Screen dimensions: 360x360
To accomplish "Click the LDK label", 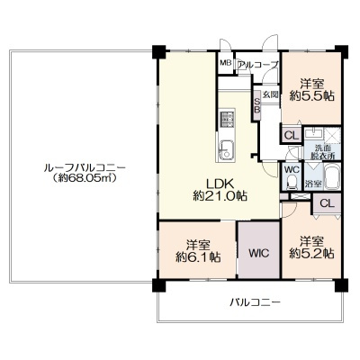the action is point(220,183).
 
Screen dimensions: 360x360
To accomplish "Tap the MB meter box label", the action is point(226,63).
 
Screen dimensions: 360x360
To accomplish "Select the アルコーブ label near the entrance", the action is point(258,65).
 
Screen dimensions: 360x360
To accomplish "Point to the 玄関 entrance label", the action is point(271,94).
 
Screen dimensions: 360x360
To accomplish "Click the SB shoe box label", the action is point(257,105).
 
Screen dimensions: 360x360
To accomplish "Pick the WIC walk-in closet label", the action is point(259,253).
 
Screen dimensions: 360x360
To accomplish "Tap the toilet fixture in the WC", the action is point(292,182).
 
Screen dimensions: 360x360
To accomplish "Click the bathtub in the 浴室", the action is point(332,177).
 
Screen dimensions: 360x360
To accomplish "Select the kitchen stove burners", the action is point(228,119).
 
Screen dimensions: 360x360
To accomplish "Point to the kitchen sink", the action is point(226,150).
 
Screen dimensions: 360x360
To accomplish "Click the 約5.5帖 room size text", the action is point(312,95).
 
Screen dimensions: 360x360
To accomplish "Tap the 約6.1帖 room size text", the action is point(198,256).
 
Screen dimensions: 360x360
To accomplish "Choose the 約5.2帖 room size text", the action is point(312,254).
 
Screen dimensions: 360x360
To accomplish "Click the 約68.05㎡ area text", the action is point(84,177).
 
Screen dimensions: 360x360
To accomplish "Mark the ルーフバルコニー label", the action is point(85,166).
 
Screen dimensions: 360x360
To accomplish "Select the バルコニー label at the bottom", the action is point(256,301).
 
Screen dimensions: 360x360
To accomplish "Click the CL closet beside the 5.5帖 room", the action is point(292,135).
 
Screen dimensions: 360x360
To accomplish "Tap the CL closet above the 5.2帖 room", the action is point(327,203).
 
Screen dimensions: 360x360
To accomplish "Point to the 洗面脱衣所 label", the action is point(323,151).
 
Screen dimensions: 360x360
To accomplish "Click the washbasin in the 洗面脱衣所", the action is point(314,133).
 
